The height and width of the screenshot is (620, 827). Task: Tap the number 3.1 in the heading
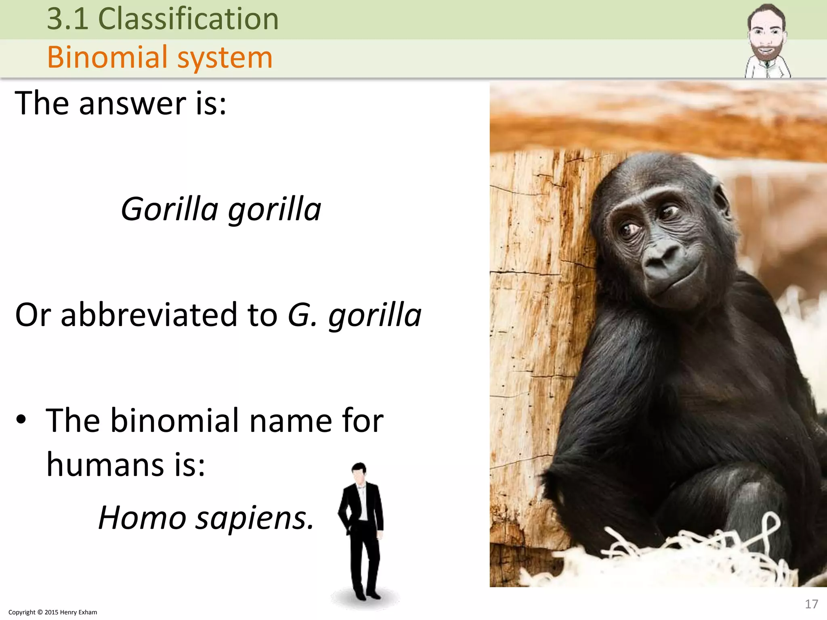click(x=67, y=19)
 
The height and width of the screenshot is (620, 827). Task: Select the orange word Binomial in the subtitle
click(x=107, y=57)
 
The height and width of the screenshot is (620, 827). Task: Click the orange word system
click(x=225, y=58)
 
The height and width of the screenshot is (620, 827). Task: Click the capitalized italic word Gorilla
click(x=170, y=209)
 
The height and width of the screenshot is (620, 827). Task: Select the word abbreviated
click(x=149, y=315)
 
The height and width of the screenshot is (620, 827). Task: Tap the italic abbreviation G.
click(x=301, y=315)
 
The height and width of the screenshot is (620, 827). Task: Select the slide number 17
click(x=811, y=604)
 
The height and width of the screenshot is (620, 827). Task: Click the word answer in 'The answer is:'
click(x=133, y=104)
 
